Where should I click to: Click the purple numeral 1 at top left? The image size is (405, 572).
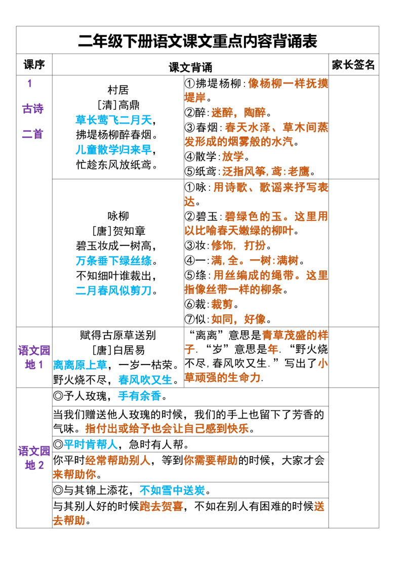(x=30, y=83)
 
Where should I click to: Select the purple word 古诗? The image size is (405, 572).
(x=32, y=109)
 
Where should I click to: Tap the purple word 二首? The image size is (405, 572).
(x=32, y=135)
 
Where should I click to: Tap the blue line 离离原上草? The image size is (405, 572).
(x=80, y=364)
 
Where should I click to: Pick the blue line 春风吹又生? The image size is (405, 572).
(x=145, y=379)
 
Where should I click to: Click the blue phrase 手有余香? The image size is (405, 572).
(x=139, y=396)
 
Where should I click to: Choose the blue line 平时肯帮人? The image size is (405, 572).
(x=91, y=444)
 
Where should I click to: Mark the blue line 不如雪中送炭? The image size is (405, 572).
(x=172, y=490)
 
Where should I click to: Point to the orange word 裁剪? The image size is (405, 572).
(x=222, y=304)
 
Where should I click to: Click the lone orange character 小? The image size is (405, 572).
(x=321, y=363)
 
